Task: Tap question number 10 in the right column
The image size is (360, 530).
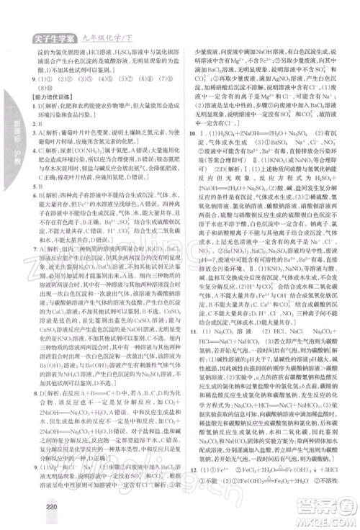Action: (x=188, y=133)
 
